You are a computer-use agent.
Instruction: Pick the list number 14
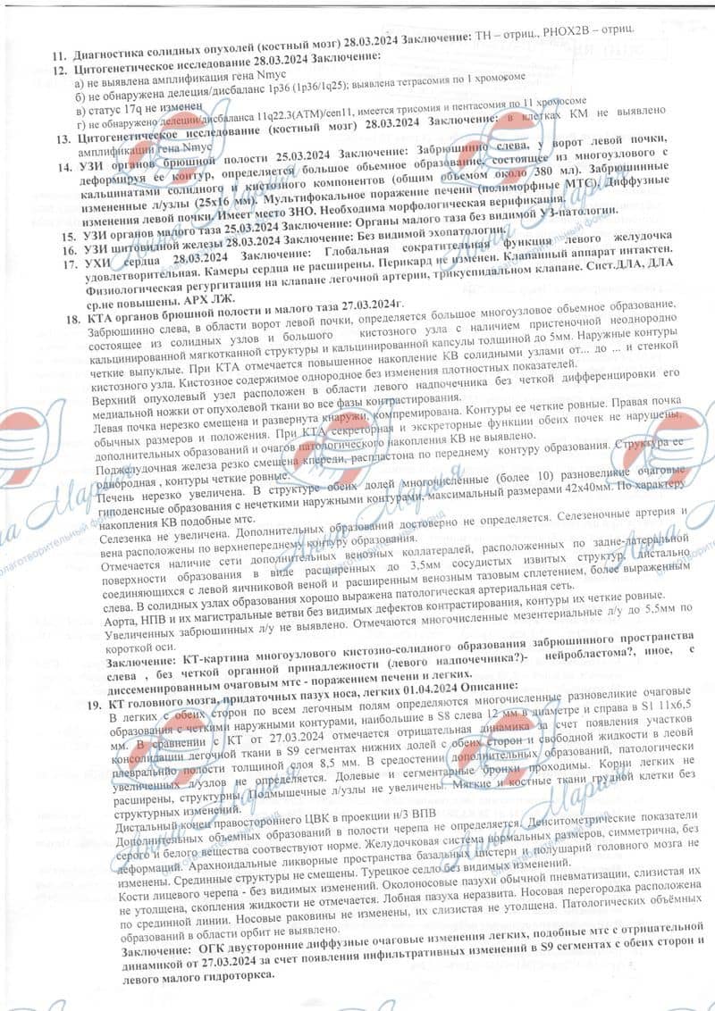tap(62, 167)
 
